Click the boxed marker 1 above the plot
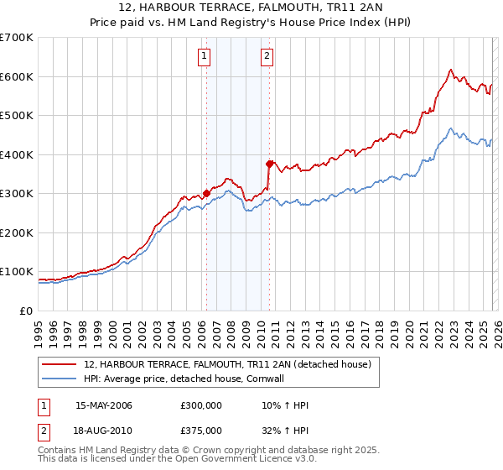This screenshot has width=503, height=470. click(205, 57)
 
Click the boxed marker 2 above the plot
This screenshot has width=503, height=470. click(267, 57)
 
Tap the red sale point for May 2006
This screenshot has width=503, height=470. click(206, 193)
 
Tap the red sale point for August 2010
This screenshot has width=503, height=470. click(269, 164)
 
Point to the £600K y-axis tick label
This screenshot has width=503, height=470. click(17, 76)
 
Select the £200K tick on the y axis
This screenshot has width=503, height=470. click(17, 232)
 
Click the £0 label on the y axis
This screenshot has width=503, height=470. click(25, 311)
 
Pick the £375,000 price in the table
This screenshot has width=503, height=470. click(201, 431)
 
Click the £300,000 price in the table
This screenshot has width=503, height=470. click(201, 406)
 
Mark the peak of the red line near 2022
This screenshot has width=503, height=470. click(451, 70)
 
